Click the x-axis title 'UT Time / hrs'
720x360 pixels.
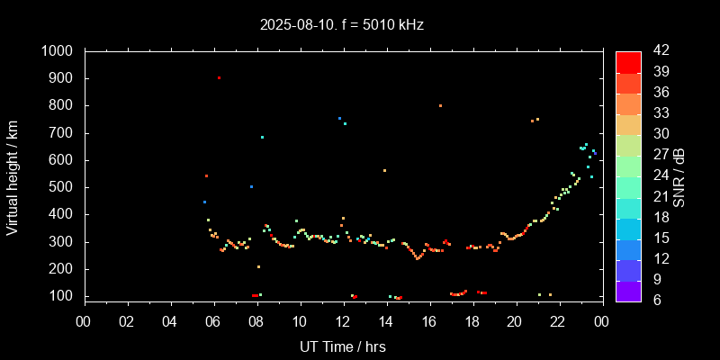343,346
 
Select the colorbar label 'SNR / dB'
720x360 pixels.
680,175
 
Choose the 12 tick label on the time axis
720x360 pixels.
343,321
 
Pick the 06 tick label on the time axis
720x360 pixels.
213,321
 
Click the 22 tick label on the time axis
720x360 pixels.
558,321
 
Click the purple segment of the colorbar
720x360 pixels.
628,290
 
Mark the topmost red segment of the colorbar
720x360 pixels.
628,61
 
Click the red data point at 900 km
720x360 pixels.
219,78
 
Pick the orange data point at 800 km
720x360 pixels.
440,105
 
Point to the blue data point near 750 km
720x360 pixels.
339,118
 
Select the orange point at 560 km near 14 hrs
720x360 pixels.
384,170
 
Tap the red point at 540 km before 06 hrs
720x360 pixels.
206,175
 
